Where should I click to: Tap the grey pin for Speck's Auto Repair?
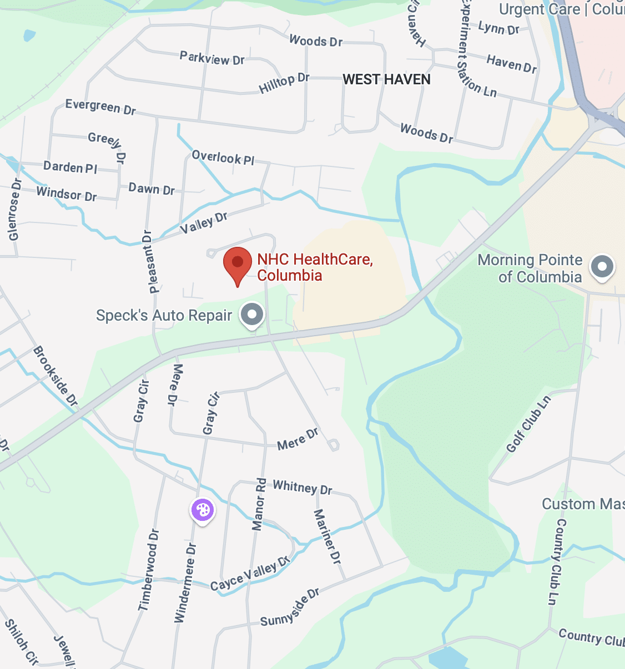[252, 315]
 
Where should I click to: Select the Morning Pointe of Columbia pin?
[602, 267]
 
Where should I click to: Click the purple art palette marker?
[203, 510]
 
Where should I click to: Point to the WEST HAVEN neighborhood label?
[386, 79]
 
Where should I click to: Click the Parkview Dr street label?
[212, 58]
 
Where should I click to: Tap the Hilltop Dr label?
[284, 83]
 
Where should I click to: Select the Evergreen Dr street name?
[100, 107]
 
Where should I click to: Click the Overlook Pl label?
[223, 158]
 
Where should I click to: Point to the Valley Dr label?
[204, 222]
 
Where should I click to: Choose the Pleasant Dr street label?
[150, 261]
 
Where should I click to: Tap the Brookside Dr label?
[55, 376]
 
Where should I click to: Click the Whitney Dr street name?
[303, 487]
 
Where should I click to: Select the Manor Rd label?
[259, 504]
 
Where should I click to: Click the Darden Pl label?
[70, 166]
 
